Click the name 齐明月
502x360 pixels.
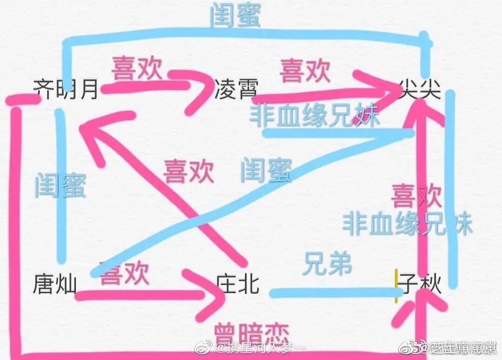[66, 88]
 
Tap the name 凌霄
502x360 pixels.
[236, 88]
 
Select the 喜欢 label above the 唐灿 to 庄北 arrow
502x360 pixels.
[125, 273]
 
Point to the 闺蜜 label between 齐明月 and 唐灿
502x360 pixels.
[60, 185]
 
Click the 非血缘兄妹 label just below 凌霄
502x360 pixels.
[315, 115]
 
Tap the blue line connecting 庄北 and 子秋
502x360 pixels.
[332, 293]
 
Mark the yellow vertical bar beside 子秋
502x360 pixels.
[396, 286]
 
